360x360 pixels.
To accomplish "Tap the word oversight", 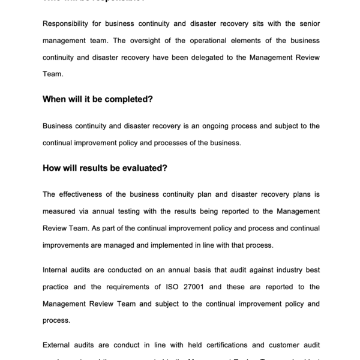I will coord(142,41).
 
